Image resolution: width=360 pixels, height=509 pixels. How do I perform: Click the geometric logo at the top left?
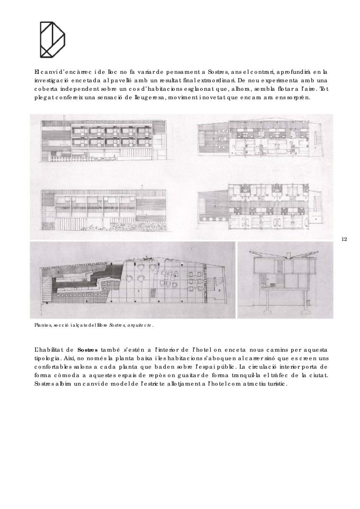click(52, 39)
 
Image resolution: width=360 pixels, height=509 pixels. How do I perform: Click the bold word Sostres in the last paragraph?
click(88, 350)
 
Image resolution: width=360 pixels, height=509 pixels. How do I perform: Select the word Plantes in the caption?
click(42, 326)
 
